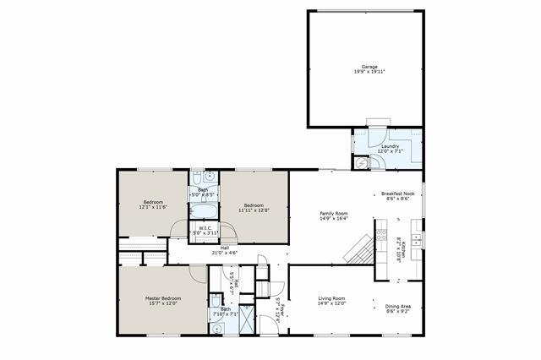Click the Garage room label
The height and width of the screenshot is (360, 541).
point(369,66)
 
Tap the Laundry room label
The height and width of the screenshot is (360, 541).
point(390,146)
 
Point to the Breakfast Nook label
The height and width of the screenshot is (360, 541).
point(397,194)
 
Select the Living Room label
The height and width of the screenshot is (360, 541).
point(331,298)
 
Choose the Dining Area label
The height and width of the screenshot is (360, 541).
point(398,306)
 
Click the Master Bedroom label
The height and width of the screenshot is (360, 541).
point(162,298)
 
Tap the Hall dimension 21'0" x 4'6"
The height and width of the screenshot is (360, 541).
point(224,252)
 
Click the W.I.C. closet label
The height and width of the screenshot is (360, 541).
point(207,228)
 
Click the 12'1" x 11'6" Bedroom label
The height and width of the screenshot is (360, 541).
point(152,202)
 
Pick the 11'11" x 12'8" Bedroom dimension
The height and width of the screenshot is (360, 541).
point(254,210)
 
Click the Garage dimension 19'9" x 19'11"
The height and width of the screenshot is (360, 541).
point(369,72)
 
